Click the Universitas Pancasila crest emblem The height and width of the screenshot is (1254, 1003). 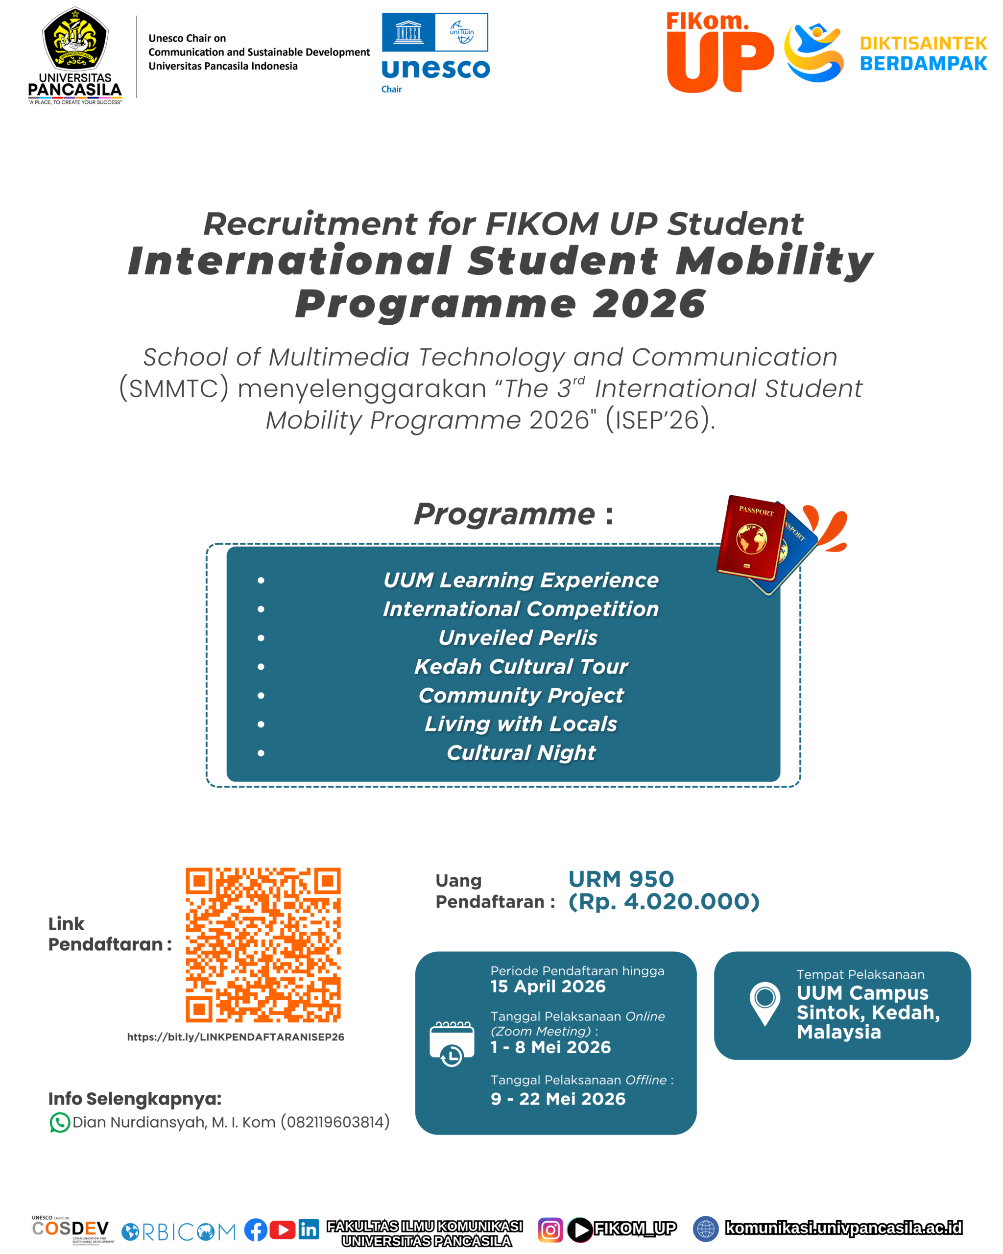click(75, 39)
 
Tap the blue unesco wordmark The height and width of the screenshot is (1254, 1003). click(435, 69)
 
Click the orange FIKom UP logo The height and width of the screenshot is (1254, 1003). click(719, 53)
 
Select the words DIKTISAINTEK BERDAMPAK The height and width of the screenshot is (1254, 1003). click(923, 53)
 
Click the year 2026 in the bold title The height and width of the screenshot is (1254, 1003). click(648, 304)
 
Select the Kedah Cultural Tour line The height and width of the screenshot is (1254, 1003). click(521, 667)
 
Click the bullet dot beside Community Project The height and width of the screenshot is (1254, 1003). click(261, 696)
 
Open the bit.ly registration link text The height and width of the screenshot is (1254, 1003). click(236, 1037)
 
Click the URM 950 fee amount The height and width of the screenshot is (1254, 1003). click(621, 879)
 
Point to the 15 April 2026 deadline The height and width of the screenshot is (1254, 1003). click(548, 987)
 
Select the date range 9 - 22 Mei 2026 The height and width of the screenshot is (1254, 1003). click(558, 1099)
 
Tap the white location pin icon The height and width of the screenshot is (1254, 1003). click(764, 1000)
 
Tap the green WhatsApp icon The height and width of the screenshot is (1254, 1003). click(59, 1123)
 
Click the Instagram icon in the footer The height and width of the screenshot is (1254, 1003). click(550, 1230)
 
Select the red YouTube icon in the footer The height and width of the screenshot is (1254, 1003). click(283, 1230)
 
